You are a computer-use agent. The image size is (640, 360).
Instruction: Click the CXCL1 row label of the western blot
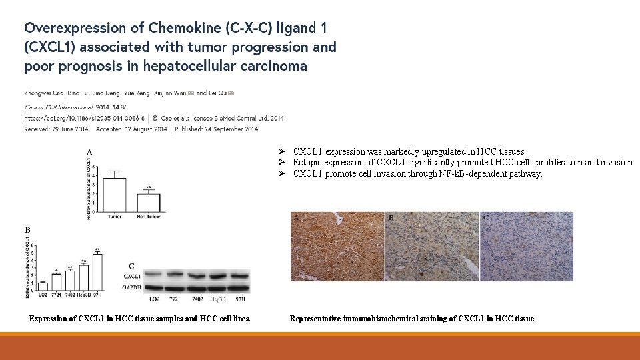point(131,275)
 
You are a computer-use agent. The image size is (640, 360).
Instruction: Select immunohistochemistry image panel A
point(338,244)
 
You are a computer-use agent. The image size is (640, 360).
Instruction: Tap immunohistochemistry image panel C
point(526,244)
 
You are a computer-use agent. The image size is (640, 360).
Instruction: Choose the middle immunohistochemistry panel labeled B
point(432,244)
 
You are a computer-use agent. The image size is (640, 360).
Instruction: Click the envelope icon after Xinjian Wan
point(192,93)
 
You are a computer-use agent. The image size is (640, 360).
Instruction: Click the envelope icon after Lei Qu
point(231,93)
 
